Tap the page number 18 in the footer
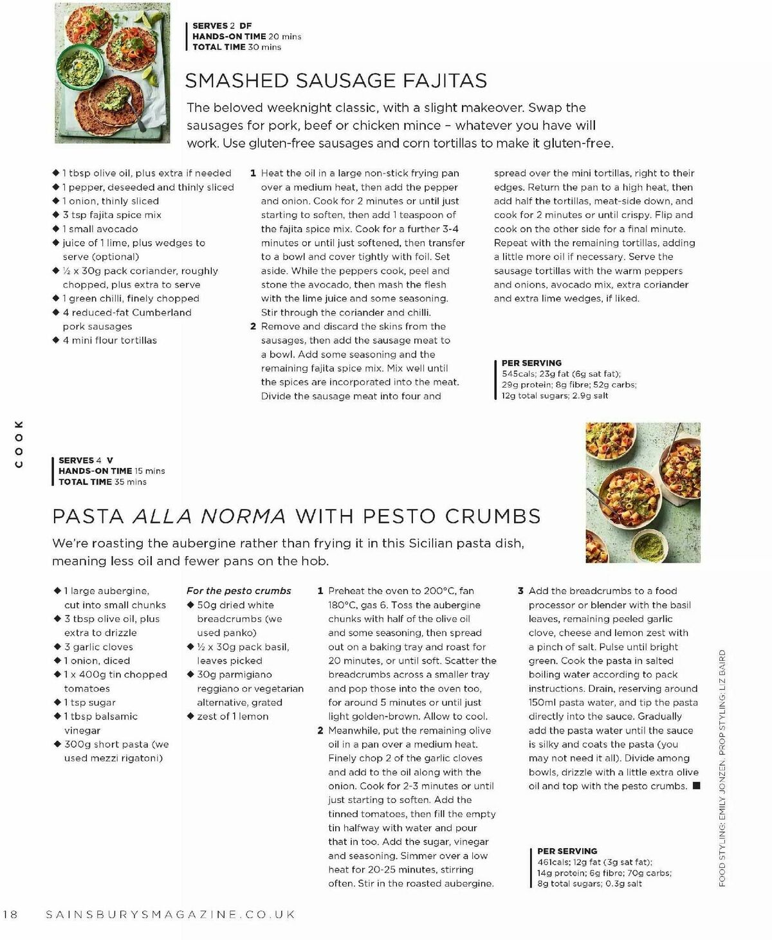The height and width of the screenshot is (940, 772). tap(14, 914)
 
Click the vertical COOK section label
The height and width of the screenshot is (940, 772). tap(19, 444)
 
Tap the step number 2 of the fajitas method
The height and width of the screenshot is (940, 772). tap(253, 327)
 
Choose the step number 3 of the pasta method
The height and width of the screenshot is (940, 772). tap(521, 591)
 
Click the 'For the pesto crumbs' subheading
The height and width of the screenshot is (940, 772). tap(239, 591)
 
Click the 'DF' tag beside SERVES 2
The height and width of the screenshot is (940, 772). tap(245, 26)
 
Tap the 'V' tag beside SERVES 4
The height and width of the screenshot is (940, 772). tap(110, 460)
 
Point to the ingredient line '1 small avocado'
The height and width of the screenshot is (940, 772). tap(100, 229)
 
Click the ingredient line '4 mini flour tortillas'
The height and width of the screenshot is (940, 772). tap(109, 340)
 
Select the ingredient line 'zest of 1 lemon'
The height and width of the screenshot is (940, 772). tap(232, 716)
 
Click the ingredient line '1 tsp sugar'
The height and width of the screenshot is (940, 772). tap(89, 703)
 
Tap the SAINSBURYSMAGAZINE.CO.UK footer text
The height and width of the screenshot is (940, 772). tap(170, 914)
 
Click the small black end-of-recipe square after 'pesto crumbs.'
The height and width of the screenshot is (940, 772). tap(696, 786)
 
